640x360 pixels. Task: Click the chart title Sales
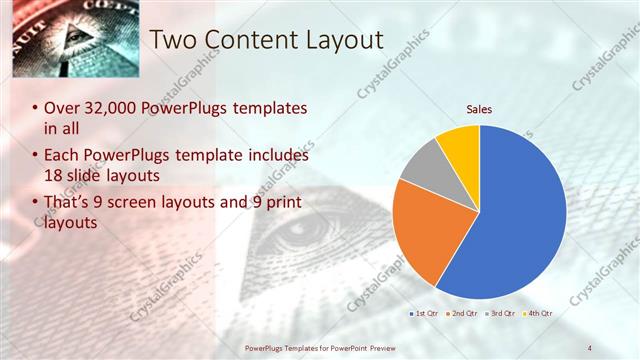480,109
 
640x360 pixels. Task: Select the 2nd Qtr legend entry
461,314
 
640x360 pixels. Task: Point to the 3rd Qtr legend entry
500,314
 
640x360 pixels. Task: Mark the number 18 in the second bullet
54,176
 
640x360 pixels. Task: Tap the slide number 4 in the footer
590,347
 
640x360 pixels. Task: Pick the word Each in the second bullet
62,156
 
